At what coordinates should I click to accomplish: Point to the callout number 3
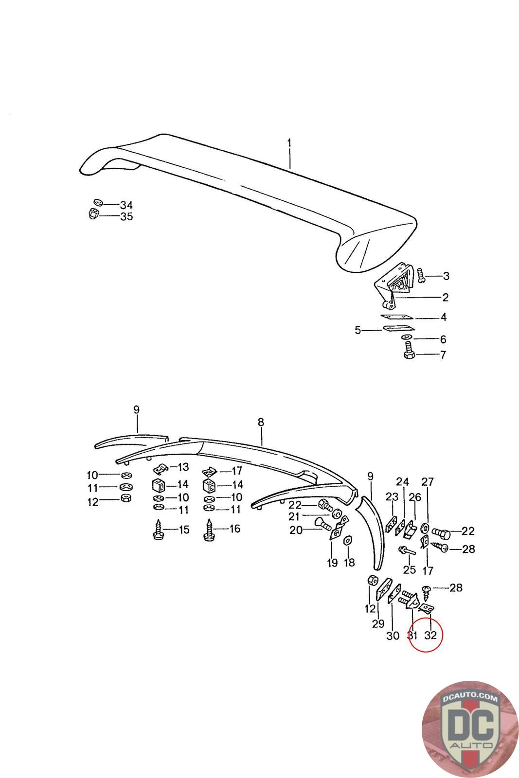446,276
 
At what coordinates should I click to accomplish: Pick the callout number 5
358,331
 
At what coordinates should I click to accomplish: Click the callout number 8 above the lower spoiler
261,422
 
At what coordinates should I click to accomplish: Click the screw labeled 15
159,530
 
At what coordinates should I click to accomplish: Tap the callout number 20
296,530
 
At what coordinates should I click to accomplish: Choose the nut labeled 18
348,541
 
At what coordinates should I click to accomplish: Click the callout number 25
410,569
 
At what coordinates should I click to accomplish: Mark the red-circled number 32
430,635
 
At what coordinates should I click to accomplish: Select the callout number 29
378,623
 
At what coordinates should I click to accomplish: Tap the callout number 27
427,482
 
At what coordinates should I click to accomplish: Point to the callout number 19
332,563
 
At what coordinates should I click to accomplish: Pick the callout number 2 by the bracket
445,297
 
